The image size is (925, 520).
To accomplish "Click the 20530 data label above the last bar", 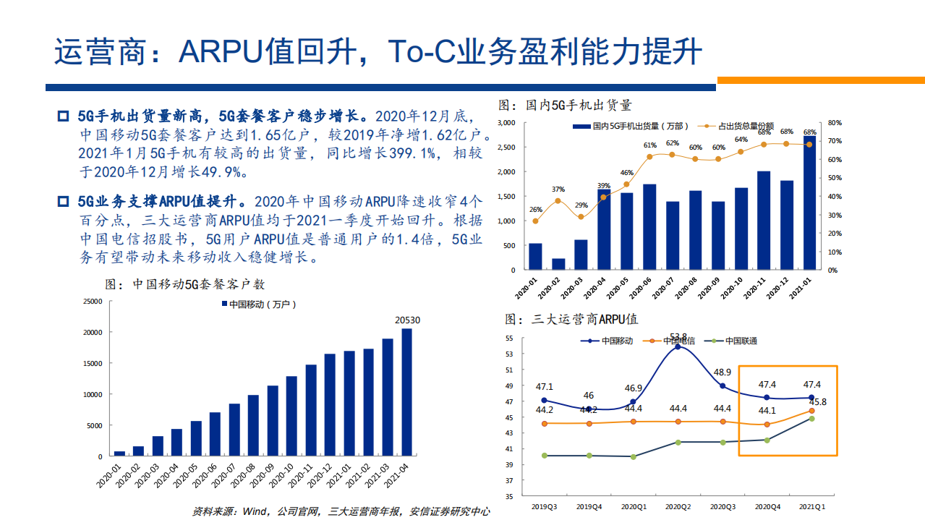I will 407,320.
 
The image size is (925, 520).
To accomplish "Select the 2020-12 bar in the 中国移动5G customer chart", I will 330,405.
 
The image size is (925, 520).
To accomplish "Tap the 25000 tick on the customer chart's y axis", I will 91,302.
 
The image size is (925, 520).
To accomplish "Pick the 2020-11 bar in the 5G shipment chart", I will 763,221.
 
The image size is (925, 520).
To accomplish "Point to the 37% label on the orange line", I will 558,190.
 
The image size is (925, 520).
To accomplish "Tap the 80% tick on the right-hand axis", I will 832,123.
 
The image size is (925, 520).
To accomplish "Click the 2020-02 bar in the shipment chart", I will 558,264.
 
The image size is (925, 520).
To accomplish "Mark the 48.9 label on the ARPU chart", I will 723,372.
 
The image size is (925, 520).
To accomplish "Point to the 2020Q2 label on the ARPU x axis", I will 678,507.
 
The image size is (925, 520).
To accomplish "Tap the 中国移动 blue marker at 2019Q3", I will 544,400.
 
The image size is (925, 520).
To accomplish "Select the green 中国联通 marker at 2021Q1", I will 811,419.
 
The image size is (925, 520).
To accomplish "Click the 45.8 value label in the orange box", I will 817,402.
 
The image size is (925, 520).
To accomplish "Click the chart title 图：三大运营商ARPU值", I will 571,319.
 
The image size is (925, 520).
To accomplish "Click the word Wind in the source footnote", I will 255,511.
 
